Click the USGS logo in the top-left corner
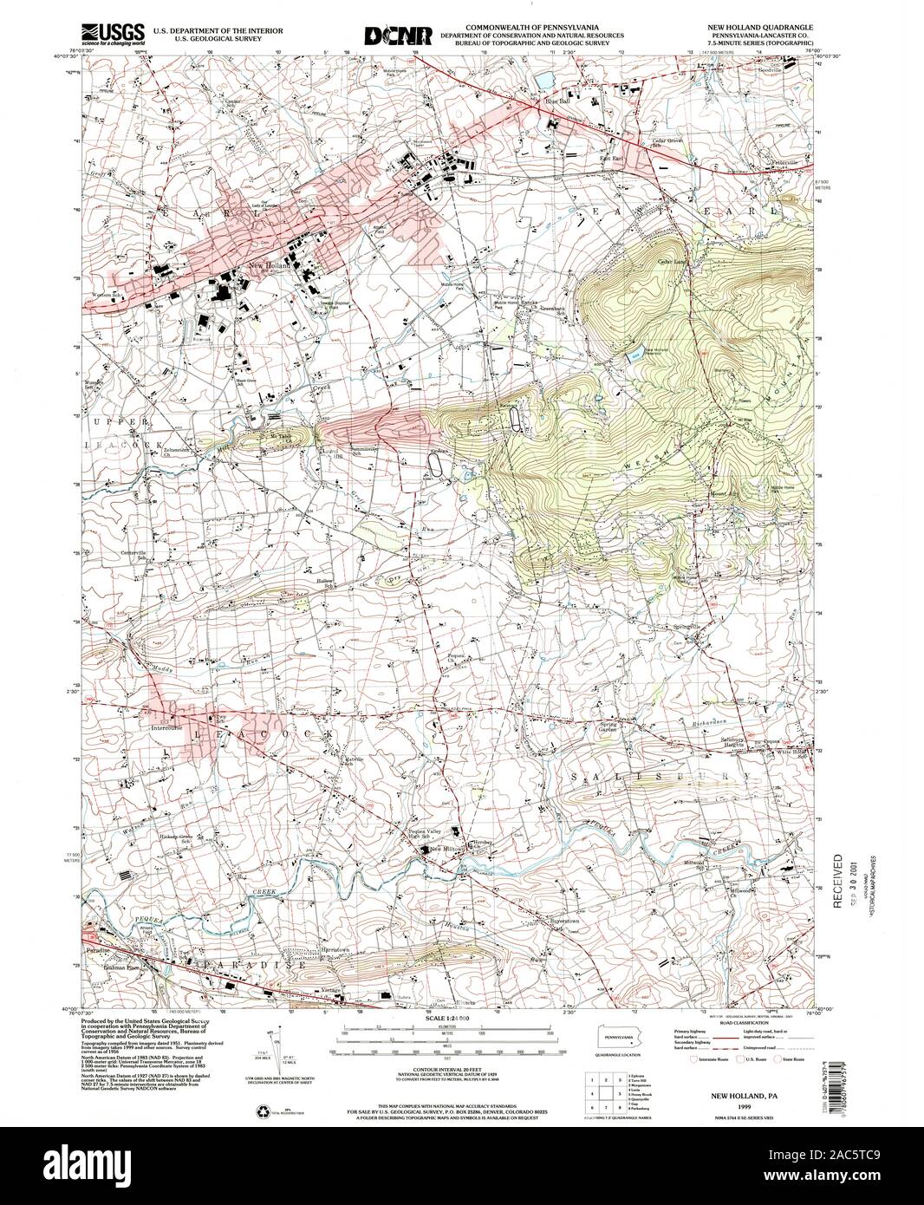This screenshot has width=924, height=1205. click(x=102, y=33)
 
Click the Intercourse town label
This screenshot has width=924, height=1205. click(x=170, y=727)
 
